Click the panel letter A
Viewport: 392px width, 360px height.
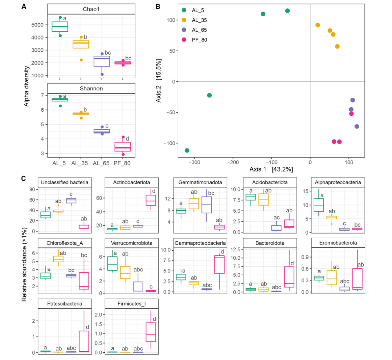coord(24,7)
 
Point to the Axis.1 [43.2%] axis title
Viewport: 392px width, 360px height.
coord(271,169)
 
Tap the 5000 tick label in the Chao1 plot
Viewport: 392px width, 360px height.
coord(37,25)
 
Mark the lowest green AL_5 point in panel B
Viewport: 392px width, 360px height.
coord(187,150)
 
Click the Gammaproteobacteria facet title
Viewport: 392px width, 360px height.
coord(201,243)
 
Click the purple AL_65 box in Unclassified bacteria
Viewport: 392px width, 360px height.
coord(70,201)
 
